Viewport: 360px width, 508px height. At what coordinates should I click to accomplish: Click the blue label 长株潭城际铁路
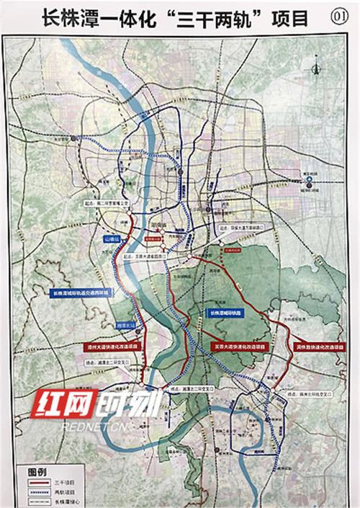226,313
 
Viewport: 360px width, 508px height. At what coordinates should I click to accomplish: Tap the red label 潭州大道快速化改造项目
109,346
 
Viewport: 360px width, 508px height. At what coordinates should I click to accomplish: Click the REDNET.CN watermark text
79,426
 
